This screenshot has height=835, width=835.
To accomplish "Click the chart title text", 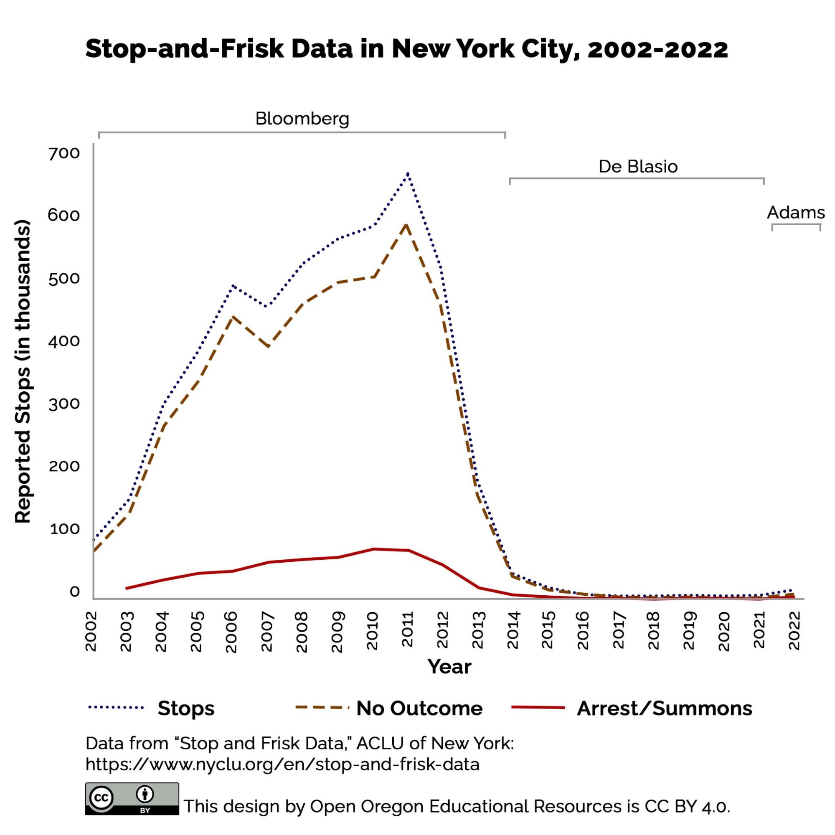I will (x=407, y=49).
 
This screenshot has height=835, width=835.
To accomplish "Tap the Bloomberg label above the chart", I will (x=302, y=119).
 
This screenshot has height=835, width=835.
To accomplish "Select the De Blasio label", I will (x=638, y=167).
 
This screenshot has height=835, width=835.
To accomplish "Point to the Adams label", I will (x=796, y=213).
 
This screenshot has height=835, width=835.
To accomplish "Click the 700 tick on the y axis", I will (x=64, y=153).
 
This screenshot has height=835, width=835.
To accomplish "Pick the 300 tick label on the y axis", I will (x=64, y=404).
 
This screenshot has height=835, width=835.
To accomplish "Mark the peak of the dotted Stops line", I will (x=408, y=174).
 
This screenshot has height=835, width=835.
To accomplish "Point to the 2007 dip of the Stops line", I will (x=266, y=306).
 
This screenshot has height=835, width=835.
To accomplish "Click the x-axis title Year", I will (x=449, y=667).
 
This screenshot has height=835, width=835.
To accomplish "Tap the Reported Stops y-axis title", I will (x=23, y=372).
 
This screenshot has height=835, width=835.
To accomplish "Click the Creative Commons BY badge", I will (x=132, y=799).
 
